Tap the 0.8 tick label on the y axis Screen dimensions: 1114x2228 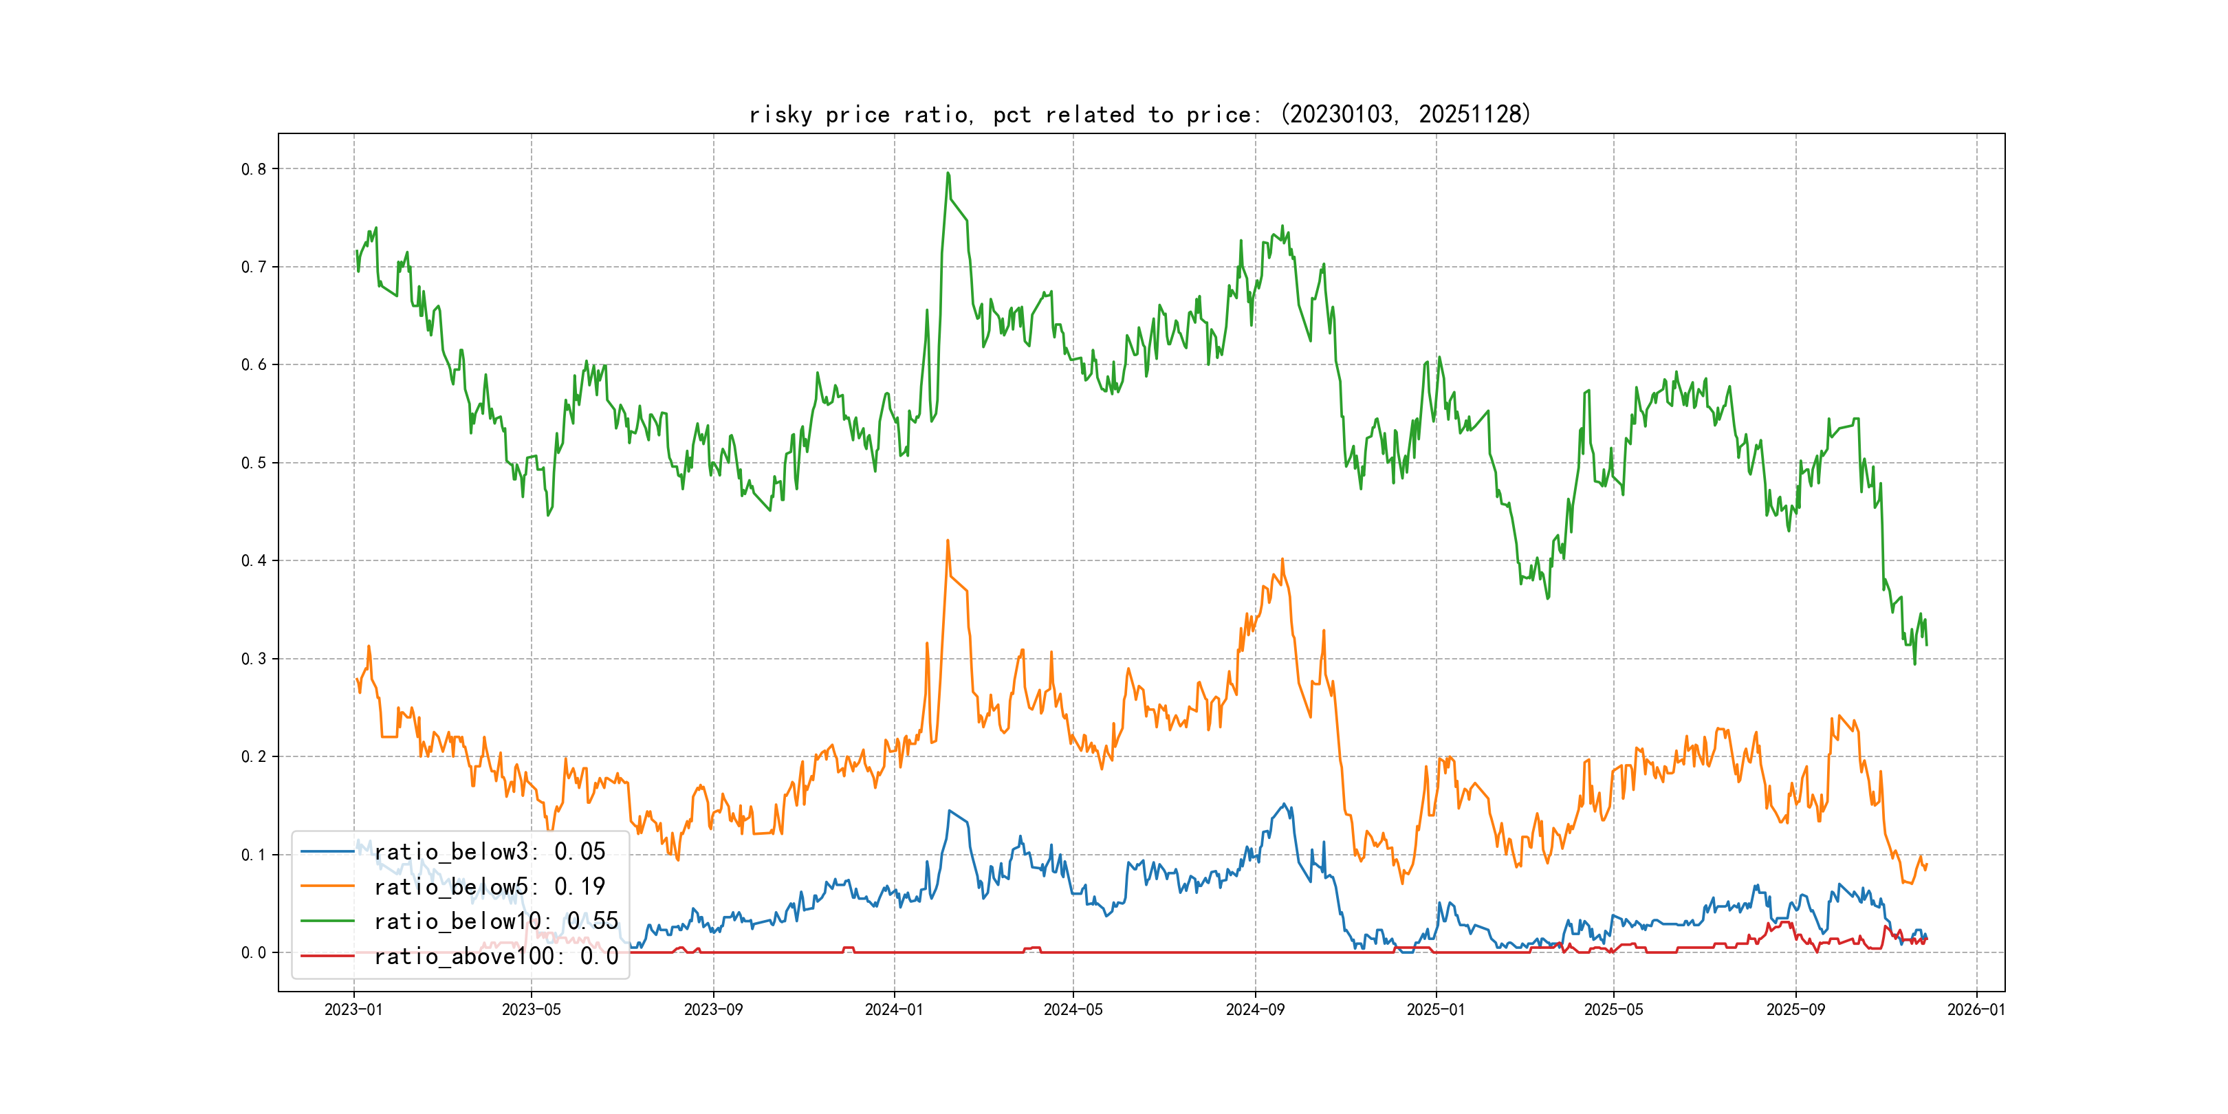pyautogui.click(x=254, y=170)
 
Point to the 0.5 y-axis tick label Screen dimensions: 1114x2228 pyautogui.click(x=254, y=463)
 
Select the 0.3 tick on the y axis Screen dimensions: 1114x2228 pyautogui.click(x=254, y=659)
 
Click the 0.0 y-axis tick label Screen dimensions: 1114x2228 pyautogui.click(x=254, y=953)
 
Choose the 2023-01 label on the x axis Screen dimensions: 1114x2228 pyautogui.click(x=353, y=1009)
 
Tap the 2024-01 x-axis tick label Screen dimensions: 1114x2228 pyautogui.click(x=895, y=1009)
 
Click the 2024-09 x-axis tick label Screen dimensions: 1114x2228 pyautogui.click(x=1255, y=1009)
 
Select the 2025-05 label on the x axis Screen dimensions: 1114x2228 pyautogui.click(x=1613, y=1009)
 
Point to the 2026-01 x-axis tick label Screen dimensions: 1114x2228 pyautogui.click(x=1976, y=1009)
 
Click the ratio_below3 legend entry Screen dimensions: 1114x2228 pyautogui.click(x=490, y=852)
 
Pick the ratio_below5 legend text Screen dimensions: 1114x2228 pyautogui.click(x=490, y=886)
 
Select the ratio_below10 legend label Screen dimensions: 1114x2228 pyautogui.click(x=496, y=921)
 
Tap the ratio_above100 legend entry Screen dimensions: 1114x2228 pyautogui.click(x=496, y=957)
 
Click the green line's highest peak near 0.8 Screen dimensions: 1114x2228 pyautogui.click(x=948, y=173)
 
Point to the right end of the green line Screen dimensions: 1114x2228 pyautogui.click(x=1926, y=644)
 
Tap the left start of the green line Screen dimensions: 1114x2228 pyautogui.click(x=356, y=252)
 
